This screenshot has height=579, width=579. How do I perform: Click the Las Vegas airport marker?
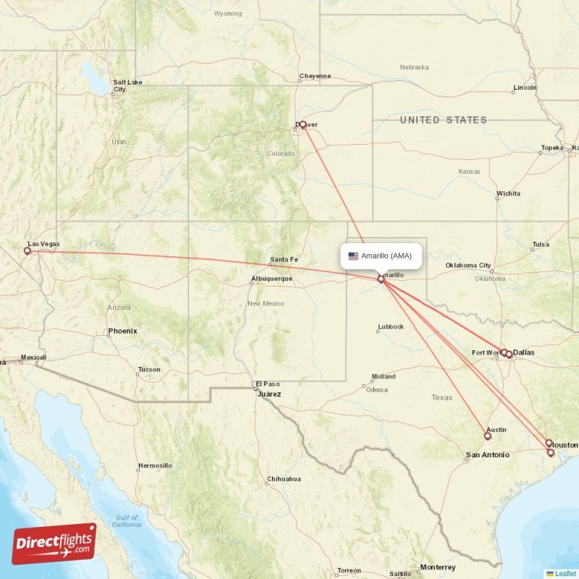coord(28,251)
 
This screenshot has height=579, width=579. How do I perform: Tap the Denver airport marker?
coord(303,124)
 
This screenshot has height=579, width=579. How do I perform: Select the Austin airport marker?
coord(488,436)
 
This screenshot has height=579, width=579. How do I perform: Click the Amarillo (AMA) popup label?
coord(386,255)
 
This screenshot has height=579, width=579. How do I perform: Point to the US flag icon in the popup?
coord(353,255)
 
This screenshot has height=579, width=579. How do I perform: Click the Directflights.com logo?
coord(54,544)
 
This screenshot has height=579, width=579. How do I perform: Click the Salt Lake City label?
coord(127,85)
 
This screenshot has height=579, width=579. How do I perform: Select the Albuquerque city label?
coord(271,279)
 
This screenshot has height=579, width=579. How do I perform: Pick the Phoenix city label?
coord(122,331)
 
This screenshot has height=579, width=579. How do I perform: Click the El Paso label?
coord(266,384)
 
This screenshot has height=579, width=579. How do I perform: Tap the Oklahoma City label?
coord(468,266)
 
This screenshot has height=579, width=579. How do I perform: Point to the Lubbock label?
coord(391,327)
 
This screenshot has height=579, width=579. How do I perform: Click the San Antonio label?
coord(487,455)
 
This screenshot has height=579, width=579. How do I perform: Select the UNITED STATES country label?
coord(444,120)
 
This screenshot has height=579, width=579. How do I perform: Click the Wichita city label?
coord(508,194)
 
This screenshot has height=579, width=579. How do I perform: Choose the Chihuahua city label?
coord(284,479)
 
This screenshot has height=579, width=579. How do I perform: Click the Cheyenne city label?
coord(316,76)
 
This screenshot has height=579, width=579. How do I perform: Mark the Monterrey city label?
coord(437,567)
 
